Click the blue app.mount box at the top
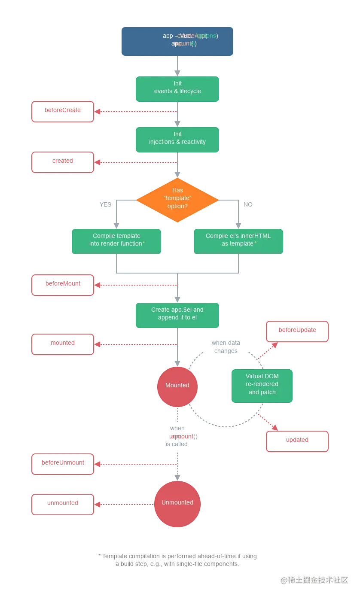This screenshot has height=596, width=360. click(177, 41)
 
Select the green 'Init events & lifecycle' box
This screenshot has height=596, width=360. click(177, 89)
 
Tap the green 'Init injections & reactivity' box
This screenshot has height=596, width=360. click(177, 140)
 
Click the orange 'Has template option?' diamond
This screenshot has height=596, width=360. click(177, 200)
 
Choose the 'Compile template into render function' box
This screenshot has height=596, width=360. click(116, 241)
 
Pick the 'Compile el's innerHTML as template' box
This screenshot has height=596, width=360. click(238, 241)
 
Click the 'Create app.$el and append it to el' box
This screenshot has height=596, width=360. click(177, 315)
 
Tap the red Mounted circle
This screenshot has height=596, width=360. click(177, 386)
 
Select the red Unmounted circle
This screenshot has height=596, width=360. click(177, 503)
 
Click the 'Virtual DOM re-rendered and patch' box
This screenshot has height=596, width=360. click(262, 385)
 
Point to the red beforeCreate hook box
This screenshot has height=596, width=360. click(63, 111)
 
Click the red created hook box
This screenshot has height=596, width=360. click(63, 162)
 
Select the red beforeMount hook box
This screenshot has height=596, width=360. click(63, 285)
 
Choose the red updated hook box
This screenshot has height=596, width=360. click(297, 441)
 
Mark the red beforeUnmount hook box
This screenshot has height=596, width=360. click(63, 465)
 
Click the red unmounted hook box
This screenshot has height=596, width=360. click(63, 503)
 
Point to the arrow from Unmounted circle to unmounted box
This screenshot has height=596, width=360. click(125, 503)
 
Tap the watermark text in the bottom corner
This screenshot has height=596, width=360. click(314, 580)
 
